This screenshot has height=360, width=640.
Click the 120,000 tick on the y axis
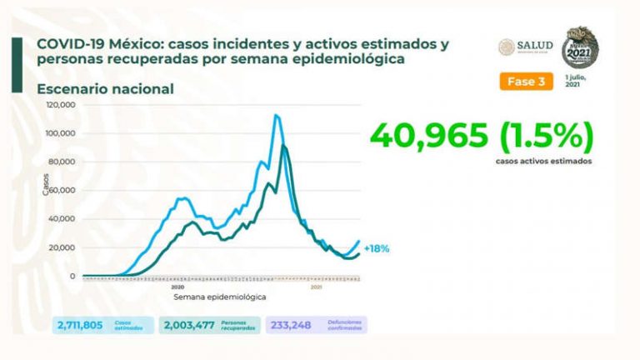[62, 105]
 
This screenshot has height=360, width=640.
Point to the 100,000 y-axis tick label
[62, 133]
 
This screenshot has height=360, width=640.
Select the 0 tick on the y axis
[72, 276]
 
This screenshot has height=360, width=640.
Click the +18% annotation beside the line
[377, 248]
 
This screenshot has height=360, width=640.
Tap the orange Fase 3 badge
[527, 82]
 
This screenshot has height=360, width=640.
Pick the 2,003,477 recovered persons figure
[191, 325]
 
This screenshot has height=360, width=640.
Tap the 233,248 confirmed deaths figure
[291, 325]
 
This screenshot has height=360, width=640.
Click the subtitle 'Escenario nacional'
[105, 88]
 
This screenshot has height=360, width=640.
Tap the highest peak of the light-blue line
[276, 115]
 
